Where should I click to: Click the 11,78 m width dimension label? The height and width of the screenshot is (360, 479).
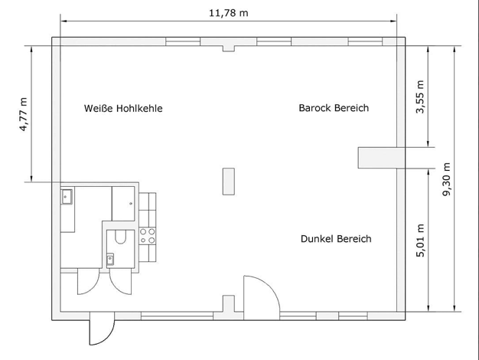click(x=229, y=13)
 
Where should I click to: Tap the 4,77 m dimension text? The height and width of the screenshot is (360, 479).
click(x=24, y=114)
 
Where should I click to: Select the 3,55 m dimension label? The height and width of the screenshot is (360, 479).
click(x=420, y=97)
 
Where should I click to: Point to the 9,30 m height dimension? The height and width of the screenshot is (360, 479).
click(x=446, y=179)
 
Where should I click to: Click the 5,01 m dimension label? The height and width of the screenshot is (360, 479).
click(x=420, y=241)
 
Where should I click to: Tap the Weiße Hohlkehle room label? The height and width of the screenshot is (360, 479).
click(x=123, y=108)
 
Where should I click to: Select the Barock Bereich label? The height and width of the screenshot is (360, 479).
click(x=334, y=108)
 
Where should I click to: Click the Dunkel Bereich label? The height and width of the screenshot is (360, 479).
click(x=336, y=238)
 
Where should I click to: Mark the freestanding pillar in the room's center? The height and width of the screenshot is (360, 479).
click(x=229, y=181)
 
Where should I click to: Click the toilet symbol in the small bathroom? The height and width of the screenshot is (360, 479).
click(x=121, y=237)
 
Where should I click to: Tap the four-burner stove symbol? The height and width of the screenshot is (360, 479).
click(x=148, y=236)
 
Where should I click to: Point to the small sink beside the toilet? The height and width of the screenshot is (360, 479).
click(x=110, y=260)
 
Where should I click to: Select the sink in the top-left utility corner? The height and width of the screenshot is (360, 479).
click(x=67, y=196)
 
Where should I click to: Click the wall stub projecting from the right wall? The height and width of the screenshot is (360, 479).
click(x=377, y=158)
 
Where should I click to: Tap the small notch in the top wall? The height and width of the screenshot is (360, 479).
click(x=229, y=48)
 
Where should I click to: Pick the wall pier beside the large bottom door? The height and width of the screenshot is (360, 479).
click(x=229, y=303)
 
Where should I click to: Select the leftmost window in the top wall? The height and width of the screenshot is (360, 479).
click(x=183, y=41)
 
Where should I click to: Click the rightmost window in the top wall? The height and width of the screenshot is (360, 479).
click(x=365, y=41)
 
